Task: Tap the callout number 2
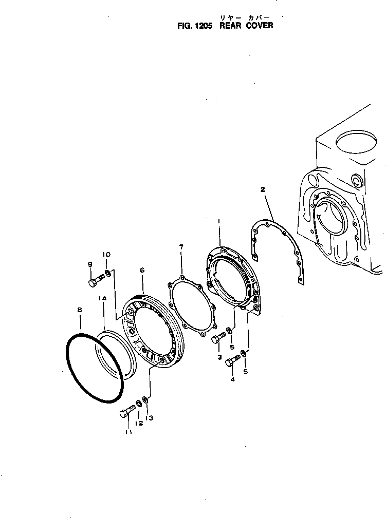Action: click(263, 189)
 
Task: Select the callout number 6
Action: click(142, 270)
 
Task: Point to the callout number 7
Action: click(181, 247)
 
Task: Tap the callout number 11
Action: click(128, 432)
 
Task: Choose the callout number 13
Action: click(150, 418)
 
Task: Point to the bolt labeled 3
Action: click(218, 337)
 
